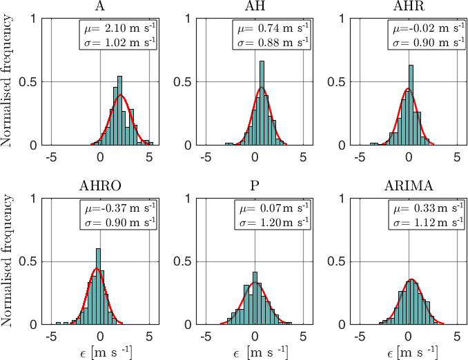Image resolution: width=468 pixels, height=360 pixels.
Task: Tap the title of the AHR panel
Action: pos(409,7)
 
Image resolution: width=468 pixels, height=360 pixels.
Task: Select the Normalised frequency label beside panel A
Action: pos(8,81)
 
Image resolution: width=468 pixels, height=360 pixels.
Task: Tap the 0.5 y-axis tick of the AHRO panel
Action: pos(32,262)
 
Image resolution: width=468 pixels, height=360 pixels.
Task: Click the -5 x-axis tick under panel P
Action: pos(206,337)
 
